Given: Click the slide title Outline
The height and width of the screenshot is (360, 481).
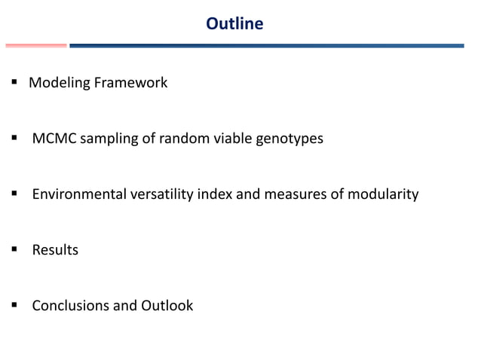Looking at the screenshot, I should (234, 24).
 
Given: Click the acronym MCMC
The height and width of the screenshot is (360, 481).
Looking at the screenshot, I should (54, 139).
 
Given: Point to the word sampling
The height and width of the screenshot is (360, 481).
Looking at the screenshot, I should (110, 139).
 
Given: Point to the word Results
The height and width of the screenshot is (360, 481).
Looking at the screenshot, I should (55, 250).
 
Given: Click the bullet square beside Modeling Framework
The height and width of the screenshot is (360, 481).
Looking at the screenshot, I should (14, 83).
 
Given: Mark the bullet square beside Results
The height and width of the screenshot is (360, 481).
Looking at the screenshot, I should (14, 250).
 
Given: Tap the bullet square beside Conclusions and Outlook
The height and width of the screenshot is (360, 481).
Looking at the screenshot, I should (14, 306).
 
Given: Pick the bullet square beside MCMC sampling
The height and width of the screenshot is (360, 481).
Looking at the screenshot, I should (14, 139).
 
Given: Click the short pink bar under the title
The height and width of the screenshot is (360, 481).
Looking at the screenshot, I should (35, 45).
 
